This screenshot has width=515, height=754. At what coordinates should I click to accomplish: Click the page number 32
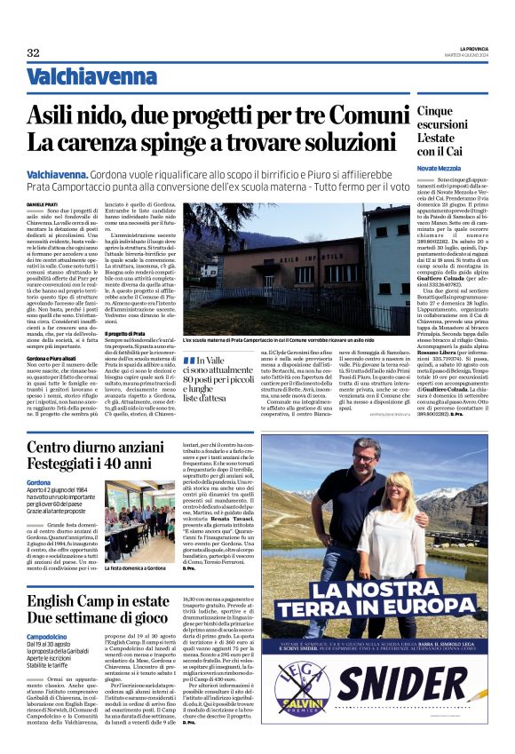tap(33, 53)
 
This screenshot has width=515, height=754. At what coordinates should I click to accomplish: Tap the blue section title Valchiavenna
tap(78, 77)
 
